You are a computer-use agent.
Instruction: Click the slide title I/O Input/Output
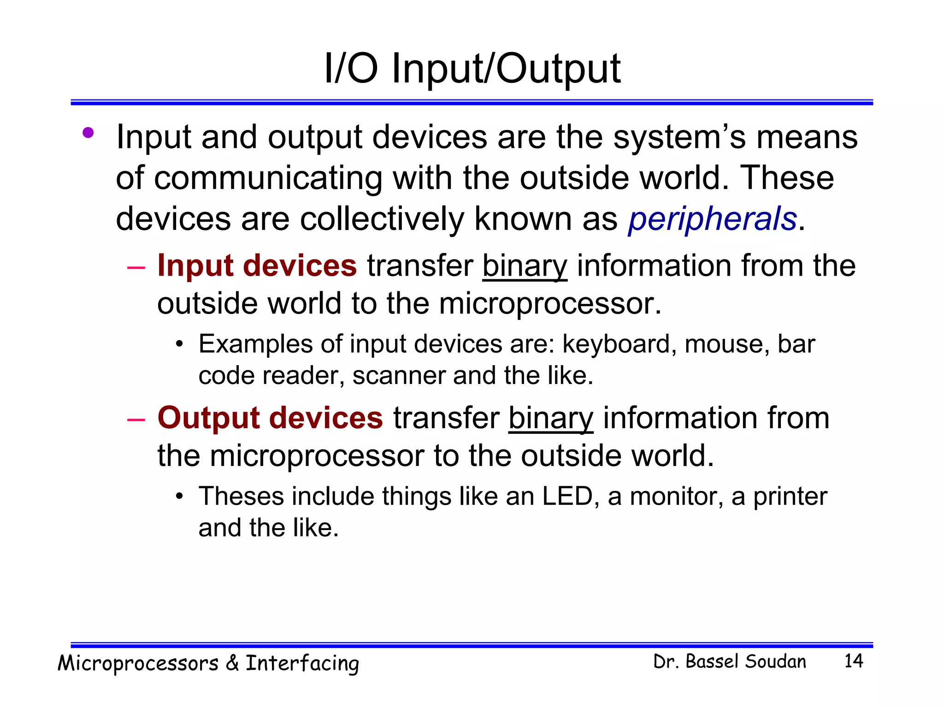tap(472, 69)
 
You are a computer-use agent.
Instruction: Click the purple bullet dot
tap(88, 133)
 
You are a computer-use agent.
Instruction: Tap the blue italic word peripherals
tap(712, 219)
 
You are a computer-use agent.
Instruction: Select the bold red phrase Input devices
tap(257, 266)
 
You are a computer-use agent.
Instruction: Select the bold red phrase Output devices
tap(270, 418)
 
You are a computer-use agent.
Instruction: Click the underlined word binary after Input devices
tap(525, 267)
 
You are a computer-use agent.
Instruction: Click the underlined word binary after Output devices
tap(551, 419)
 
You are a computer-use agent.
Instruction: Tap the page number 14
tap(853, 661)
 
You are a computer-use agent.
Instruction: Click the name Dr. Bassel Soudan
tap(730, 661)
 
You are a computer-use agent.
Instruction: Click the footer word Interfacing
tap(302, 664)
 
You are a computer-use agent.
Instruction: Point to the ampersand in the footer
tap(232, 663)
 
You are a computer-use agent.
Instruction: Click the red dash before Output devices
tap(136, 419)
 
